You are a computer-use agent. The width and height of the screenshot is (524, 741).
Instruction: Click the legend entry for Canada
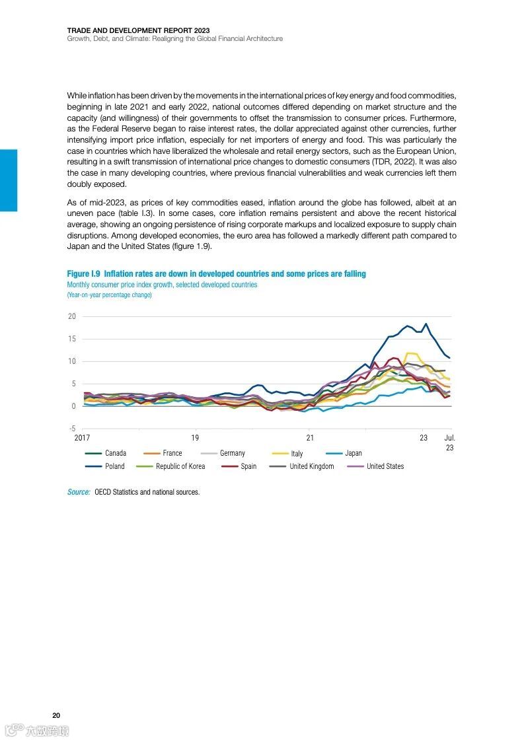point(115,453)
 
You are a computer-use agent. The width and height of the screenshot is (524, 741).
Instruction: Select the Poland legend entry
point(114,466)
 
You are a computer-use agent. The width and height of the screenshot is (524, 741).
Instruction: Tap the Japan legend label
point(353,453)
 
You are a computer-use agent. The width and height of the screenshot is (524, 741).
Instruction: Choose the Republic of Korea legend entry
point(180,466)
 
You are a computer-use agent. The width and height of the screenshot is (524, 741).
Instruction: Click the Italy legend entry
point(297,454)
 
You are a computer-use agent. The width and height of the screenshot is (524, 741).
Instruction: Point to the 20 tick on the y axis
point(72,316)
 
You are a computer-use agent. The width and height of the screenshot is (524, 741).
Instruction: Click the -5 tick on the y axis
point(72,429)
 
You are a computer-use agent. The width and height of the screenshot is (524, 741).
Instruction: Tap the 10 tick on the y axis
point(72,361)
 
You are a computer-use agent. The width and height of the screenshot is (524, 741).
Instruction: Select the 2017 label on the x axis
point(83,438)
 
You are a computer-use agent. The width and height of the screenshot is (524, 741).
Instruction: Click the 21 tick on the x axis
point(310,438)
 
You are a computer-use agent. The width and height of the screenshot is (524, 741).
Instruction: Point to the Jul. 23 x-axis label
point(449,442)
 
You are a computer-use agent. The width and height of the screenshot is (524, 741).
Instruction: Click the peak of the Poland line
point(426,324)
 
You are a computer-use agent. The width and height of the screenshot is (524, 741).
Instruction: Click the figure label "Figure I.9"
point(83,273)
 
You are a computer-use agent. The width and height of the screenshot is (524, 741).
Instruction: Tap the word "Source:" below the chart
point(79,492)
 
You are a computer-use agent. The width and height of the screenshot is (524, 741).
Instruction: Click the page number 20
point(56,716)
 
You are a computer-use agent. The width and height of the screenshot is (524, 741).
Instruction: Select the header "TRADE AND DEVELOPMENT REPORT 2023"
point(138,30)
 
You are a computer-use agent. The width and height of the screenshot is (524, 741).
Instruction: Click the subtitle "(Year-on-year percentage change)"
point(109,295)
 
